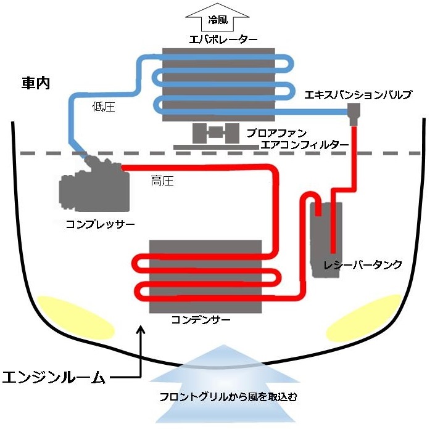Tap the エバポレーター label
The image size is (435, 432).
pos(219,39)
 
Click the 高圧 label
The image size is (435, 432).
pos(162,181)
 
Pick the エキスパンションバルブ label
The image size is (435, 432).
pos(358,95)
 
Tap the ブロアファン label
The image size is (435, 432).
pos(276,132)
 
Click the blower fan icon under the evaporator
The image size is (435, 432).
pos(215,133)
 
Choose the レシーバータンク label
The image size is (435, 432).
pos(363,265)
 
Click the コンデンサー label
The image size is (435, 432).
pos(201,320)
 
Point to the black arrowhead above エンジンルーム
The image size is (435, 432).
pos(142,332)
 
